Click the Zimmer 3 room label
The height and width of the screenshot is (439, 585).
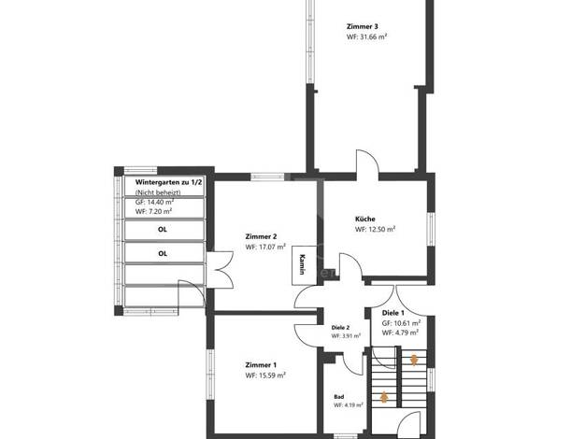point(362,26)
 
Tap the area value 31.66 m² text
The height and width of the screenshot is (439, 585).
point(371,37)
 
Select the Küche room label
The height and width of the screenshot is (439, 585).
point(364,219)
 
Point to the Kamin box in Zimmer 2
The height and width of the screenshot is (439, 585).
point(304,265)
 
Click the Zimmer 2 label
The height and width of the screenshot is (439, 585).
point(261,236)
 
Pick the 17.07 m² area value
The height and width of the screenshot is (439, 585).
point(270,247)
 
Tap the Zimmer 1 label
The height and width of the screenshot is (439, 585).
point(261,365)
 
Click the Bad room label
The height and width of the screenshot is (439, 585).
point(339,397)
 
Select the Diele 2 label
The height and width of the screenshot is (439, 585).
point(340,328)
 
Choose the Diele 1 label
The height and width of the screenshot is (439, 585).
point(393,313)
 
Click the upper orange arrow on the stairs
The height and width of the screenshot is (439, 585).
point(414,360)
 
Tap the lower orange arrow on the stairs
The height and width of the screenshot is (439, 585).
point(384,397)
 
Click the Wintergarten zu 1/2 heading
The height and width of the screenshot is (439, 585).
point(168,182)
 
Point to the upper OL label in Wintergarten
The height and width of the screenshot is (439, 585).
point(163,230)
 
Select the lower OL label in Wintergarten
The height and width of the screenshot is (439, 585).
point(163,254)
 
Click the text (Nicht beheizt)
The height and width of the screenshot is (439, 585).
point(158,192)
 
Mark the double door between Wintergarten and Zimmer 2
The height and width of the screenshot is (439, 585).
point(220,270)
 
